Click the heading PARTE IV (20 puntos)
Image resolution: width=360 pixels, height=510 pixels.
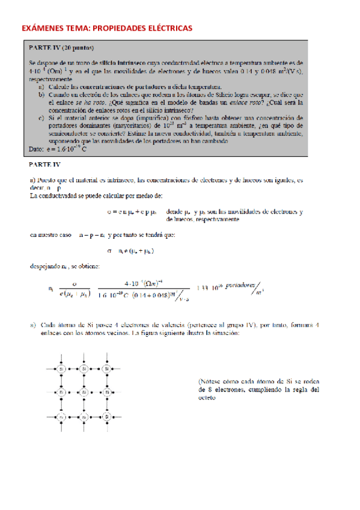click(x=61, y=47)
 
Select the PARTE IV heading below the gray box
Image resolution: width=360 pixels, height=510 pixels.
click(x=44, y=163)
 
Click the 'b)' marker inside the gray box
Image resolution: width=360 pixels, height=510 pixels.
click(x=41, y=95)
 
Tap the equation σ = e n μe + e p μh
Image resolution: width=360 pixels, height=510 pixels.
click(x=133, y=212)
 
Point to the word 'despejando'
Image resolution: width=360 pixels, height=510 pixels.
click(x=47, y=266)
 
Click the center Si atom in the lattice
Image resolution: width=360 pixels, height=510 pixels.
click(x=84, y=392)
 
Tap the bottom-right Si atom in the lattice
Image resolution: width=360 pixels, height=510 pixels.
click(x=106, y=416)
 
